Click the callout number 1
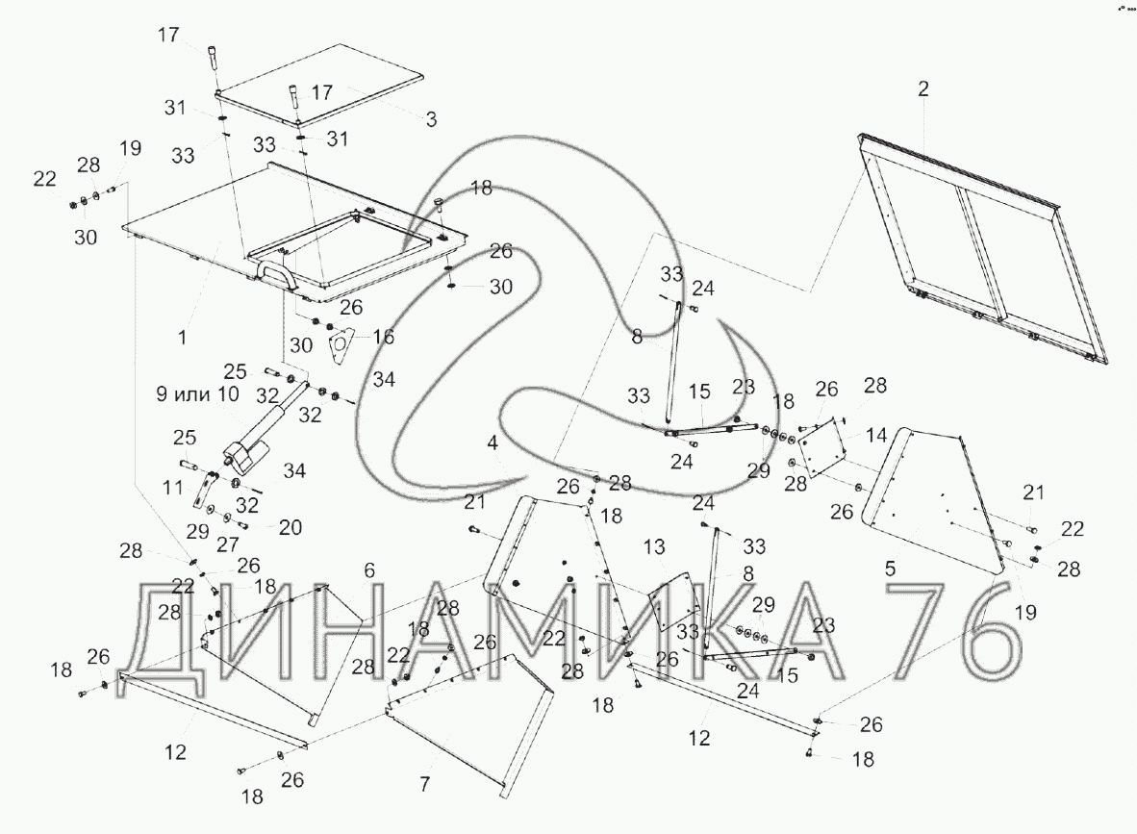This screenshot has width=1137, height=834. [183, 338]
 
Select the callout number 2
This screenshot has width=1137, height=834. [923, 89]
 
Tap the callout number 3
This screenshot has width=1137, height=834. [431, 120]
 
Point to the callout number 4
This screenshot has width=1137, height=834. [492, 443]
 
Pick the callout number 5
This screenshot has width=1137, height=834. [891, 569]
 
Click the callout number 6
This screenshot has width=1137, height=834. [369, 569]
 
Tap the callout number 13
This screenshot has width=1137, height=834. [655, 547]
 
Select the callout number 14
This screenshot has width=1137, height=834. [875, 435]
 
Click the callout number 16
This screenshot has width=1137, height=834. [383, 337]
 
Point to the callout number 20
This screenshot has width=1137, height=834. [290, 527]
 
